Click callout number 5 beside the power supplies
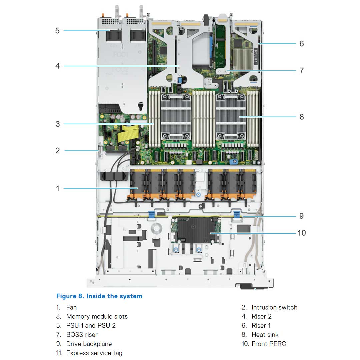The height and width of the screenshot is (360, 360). coord(57,31)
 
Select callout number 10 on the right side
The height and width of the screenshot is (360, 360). coord(301,233)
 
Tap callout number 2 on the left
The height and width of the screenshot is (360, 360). coord(58,150)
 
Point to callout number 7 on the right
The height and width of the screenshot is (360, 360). coord(301,70)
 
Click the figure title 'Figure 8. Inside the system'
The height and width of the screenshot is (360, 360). coord(99,296)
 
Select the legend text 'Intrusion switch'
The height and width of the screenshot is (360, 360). coord(274,307)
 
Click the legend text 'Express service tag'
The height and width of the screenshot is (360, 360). coord(94,353)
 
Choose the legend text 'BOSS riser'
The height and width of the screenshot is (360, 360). coord(82,334)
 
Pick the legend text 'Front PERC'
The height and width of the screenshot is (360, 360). coord(269,344)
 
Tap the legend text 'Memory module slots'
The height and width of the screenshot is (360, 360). coord(97,316)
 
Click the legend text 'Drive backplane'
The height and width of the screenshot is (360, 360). coord(89,344)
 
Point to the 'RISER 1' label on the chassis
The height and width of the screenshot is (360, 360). coord(256,55)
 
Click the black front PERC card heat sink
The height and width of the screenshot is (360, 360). coord(197,230)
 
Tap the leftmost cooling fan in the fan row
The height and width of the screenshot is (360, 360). coord(137,185)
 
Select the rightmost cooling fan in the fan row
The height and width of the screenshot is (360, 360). coord(248,185)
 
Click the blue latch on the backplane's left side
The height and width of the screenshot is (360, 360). coord(152,214)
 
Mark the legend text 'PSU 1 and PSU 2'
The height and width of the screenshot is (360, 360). coord(91,325)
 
